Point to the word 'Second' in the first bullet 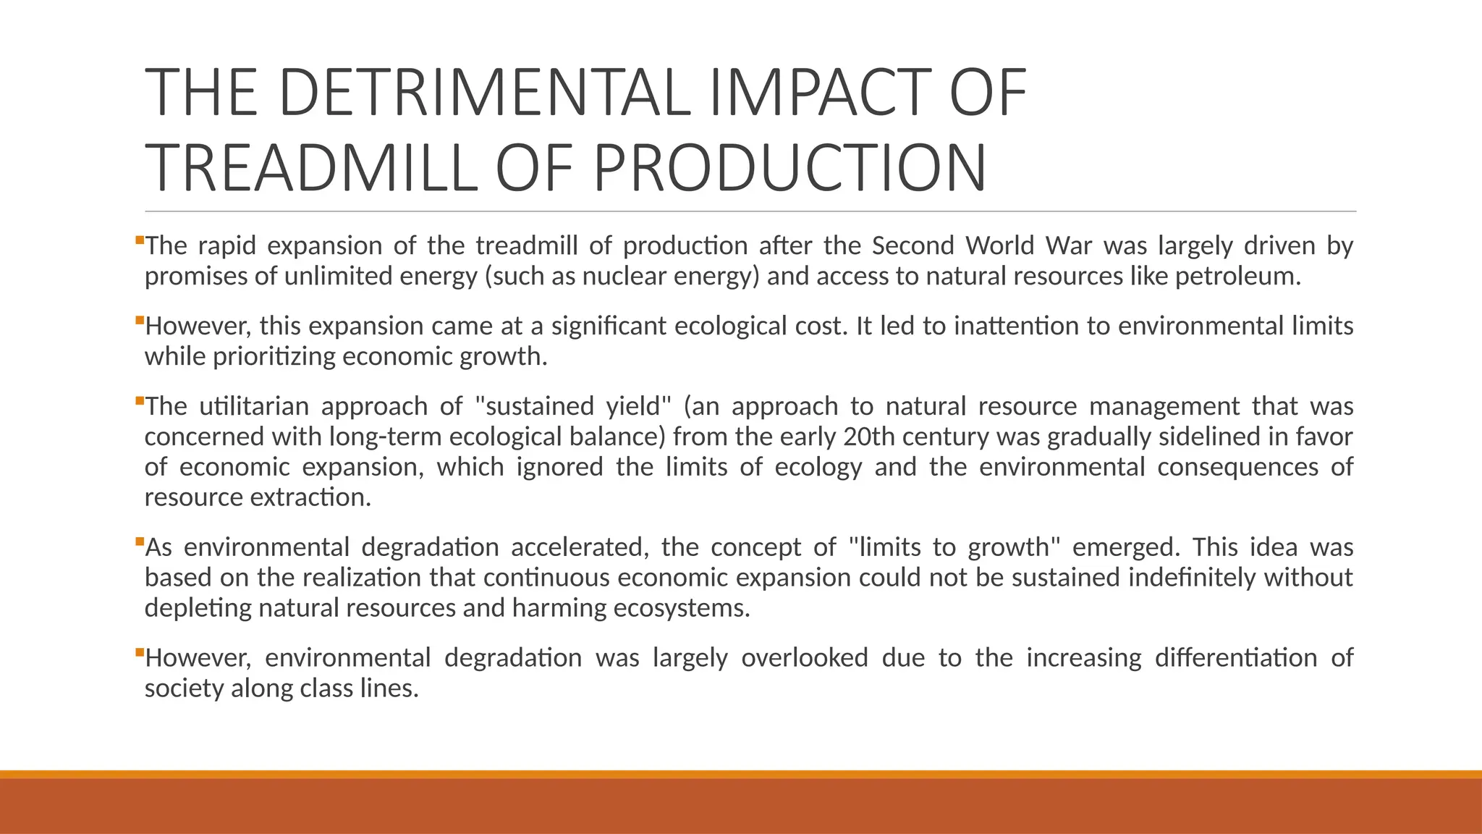[913, 246]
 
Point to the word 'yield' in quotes [637, 407]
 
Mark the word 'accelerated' [580, 547]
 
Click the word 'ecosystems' [680, 608]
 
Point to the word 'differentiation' [1236, 658]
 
